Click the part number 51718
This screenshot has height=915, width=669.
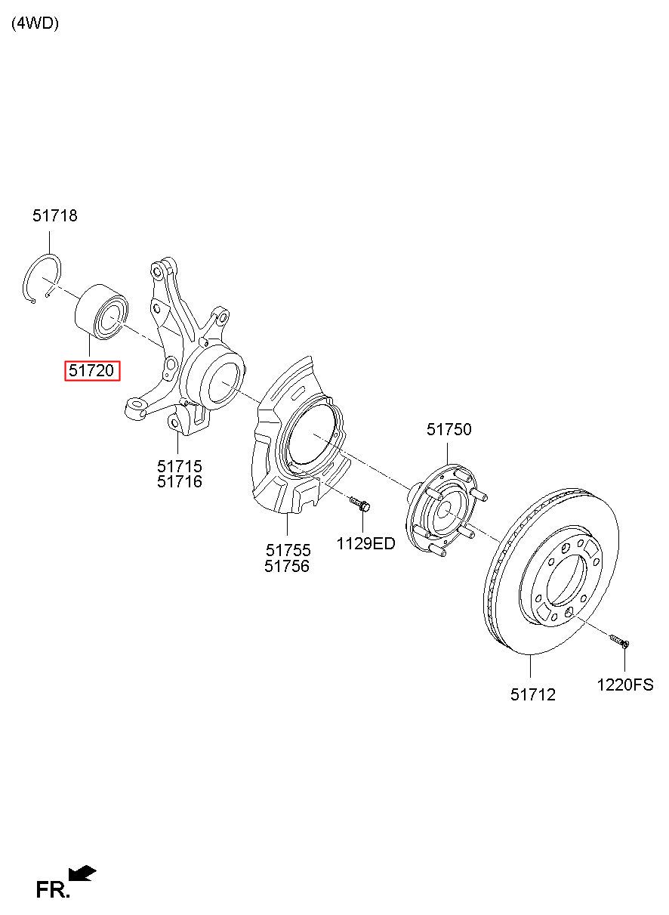(x=54, y=215)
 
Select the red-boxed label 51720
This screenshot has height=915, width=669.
(x=92, y=370)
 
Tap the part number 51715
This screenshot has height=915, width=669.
(x=180, y=466)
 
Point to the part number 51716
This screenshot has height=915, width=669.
(x=180, y=481)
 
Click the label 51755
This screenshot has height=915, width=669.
(x=288, y=550)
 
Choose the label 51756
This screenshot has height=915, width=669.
(x=286, y=566)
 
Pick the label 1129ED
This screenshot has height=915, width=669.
(x=365, y=543)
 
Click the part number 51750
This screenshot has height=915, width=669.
(x=449, y=429)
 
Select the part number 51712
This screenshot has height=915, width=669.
(x=533, y=694)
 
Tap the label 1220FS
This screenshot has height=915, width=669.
(x=625, y=685)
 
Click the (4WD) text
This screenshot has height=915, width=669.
(x=35, y=23)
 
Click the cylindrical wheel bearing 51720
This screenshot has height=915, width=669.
(x=102, y=311)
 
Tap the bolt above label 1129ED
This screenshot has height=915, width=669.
(x=359, y=504)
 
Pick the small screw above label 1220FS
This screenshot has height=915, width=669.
(x=620, y=641)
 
